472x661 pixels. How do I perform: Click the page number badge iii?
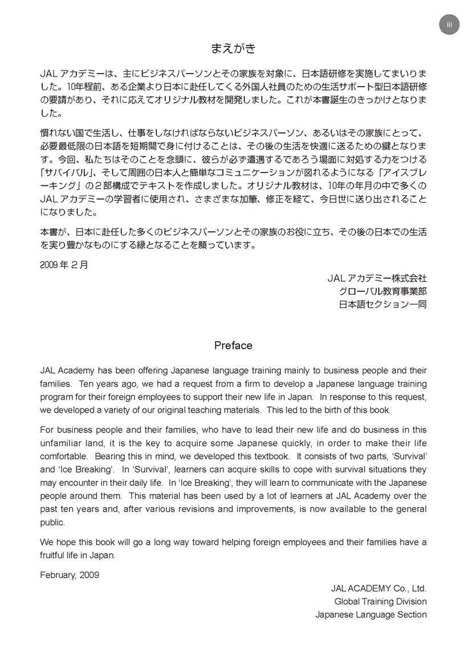coord(449,25)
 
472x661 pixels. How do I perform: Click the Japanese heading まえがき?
coord(233,48)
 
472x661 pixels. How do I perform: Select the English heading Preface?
coord(233,346)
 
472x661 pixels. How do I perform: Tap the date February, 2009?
coord(70,575)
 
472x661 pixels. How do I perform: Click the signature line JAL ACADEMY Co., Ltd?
coord(379,588)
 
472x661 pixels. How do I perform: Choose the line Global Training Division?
coord(380,601)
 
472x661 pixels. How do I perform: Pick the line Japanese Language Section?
coord(371,614)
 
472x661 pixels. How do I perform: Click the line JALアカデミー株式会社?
coord(377,278)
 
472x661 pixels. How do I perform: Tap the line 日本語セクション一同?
coord(383,305)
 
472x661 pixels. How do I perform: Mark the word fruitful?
coord(56,554)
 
